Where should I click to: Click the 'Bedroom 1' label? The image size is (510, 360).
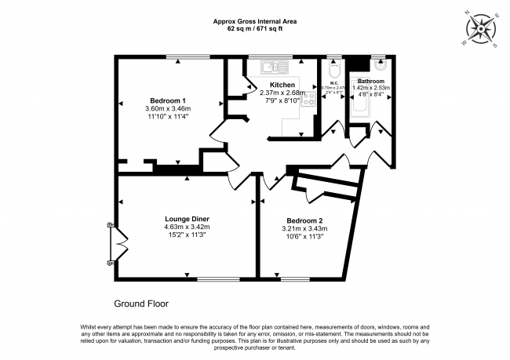[168, 100]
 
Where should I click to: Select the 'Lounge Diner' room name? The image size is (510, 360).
[187, 218]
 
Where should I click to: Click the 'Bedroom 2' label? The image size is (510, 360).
[304, 220]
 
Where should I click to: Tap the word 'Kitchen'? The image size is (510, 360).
[282, 85]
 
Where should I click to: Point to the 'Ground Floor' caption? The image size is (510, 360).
[141, 304]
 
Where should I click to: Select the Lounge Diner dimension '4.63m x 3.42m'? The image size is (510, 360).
[187, 227]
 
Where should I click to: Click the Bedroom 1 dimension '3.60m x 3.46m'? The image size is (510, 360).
[168, 108]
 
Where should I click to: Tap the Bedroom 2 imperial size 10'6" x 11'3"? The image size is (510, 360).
[304, 237]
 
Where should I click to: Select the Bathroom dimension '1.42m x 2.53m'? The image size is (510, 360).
[370, 87]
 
